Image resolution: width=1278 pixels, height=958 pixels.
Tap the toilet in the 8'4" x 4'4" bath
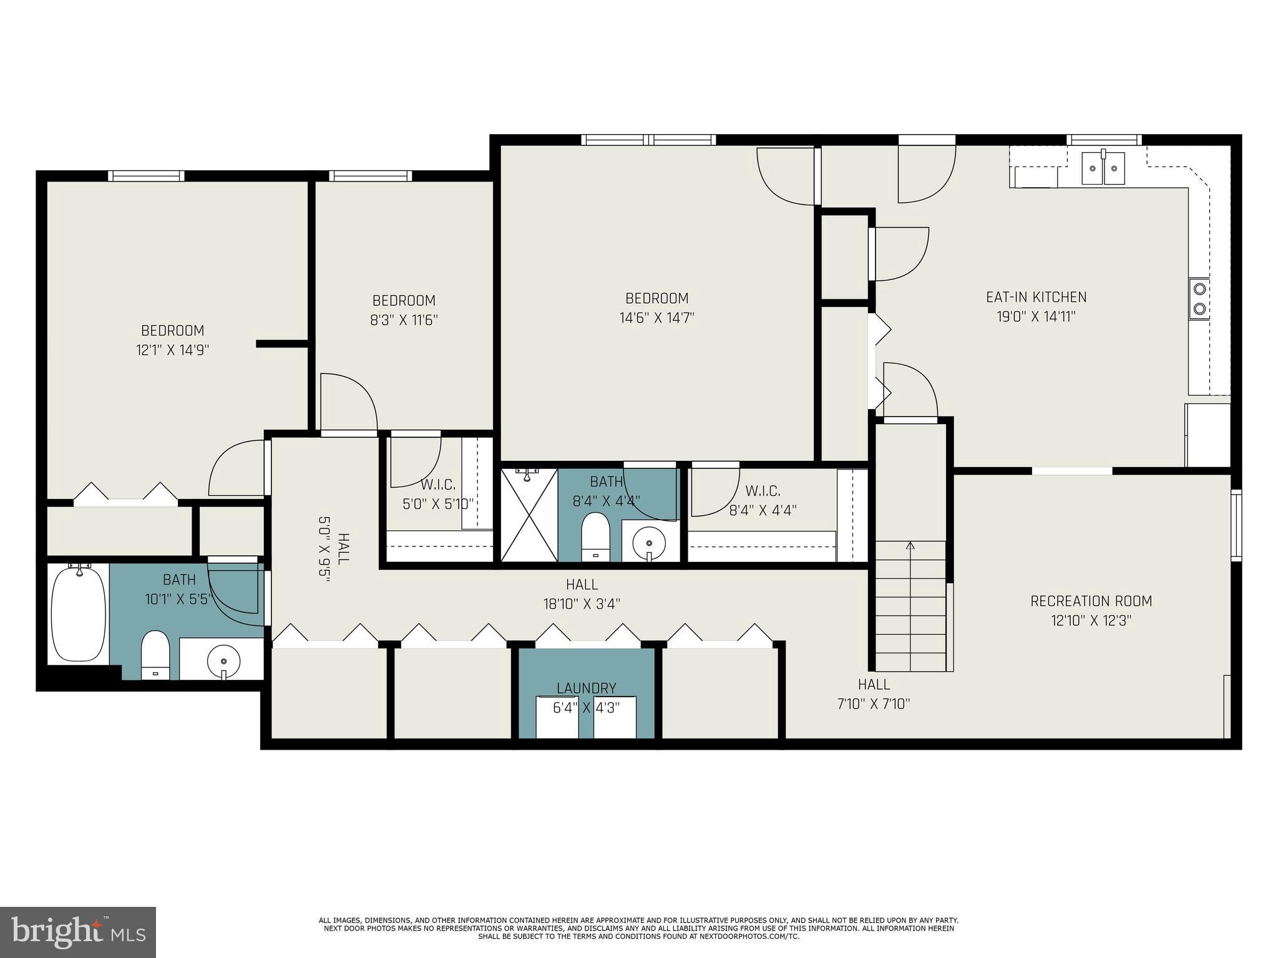(x=595, y=537)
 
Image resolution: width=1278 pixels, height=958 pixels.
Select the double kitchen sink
(x=1103, y=168)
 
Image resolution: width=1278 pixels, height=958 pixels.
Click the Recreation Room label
(x=1091, y=601)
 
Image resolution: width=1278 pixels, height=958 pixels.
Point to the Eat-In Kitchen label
(x=1036, y=297)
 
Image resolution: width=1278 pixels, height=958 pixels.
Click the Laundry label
(x=587, y=688)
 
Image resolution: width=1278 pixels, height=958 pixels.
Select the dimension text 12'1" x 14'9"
(x=172, y=350)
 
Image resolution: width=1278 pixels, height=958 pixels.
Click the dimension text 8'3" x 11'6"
(x=404, y=320)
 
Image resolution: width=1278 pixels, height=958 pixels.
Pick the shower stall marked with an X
(x=529, y=515)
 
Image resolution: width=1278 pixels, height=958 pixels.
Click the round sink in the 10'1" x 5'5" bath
(x=223, y=660)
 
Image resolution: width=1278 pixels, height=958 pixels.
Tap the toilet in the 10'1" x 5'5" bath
(x=155, y=655)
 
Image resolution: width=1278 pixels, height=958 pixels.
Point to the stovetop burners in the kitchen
(x=1199, y=298)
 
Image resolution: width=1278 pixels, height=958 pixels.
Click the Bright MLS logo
(x=78, y=932)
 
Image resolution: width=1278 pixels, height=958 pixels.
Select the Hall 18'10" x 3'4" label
(x=582, y=594)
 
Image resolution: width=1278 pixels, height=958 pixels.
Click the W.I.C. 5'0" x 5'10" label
(x=438, y=493)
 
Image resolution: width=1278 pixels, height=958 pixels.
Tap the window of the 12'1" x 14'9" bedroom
(x=146, y=176)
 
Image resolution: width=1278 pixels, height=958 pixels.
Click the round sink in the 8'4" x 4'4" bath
(x=649, y=541)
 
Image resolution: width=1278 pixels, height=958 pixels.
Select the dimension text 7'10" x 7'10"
(x=874, y=704)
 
